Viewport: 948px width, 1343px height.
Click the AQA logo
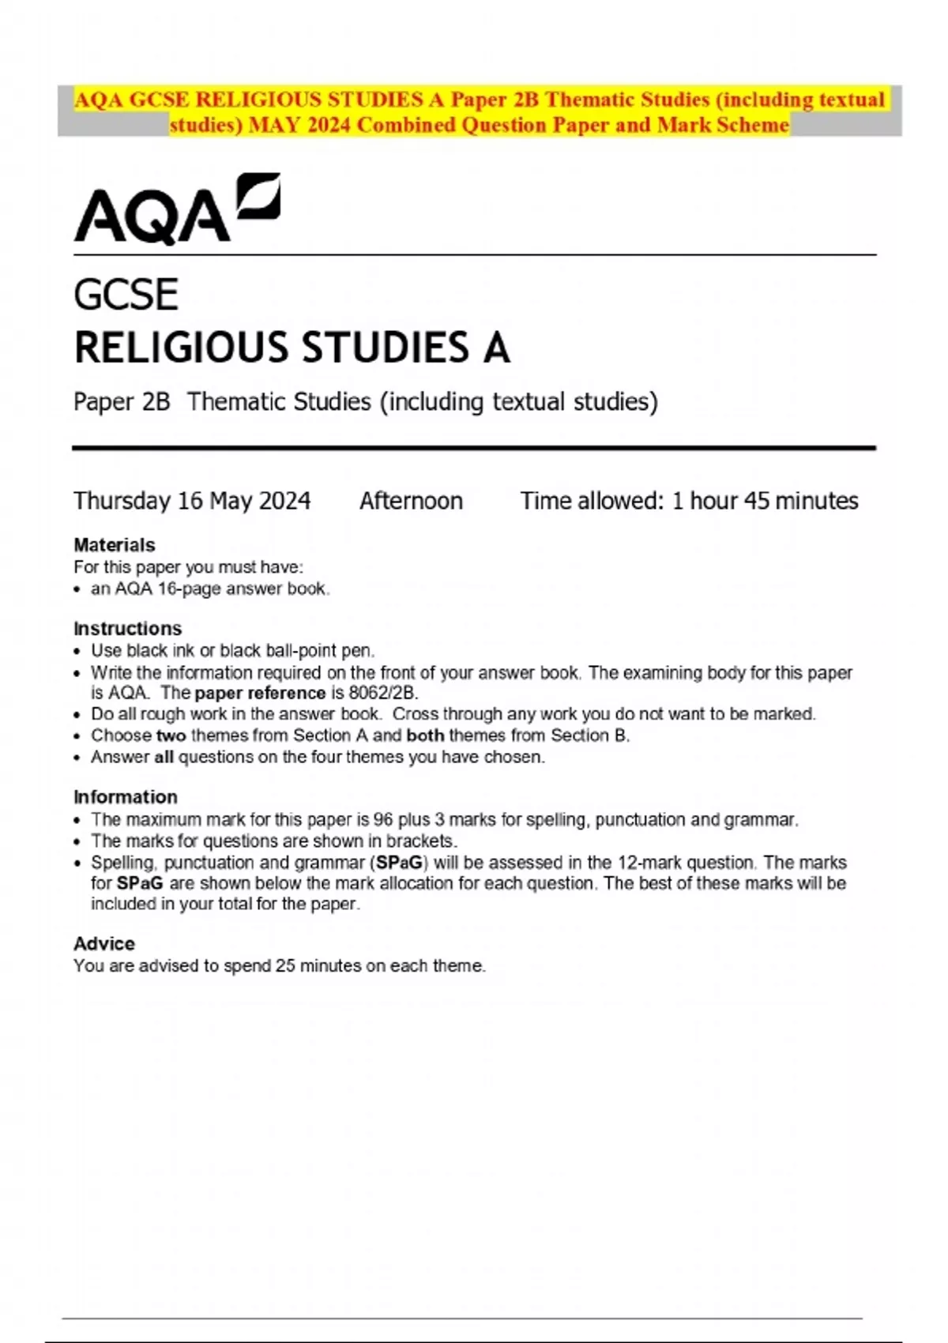[x=176, y=209]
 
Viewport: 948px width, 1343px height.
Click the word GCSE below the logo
[x=126, y=295]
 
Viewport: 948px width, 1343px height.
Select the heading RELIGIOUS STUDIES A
[x=292, y=348]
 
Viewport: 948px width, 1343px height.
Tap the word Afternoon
[x=411, y=501]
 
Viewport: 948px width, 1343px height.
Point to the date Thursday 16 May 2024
[x=192, y=501]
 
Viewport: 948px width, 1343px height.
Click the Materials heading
[x=114, y=545]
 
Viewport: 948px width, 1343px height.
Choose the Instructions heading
[x=127, y=629]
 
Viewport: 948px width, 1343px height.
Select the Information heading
[x=125, y=797]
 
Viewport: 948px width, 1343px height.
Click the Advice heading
[x=103, y=944]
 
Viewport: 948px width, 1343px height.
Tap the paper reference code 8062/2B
[x=382, y=693]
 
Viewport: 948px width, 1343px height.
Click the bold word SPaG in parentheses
[x=400, y=863]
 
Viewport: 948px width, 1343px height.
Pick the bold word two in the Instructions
[x=171, y=735]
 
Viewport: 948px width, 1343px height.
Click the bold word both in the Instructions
[x=425, y=735]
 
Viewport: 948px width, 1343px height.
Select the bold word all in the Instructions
[x=164, y=758]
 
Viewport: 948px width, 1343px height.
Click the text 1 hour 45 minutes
[x=765, y=501]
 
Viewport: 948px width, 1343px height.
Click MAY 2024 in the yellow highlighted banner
[x=299, y=125]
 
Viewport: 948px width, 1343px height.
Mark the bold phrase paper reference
[x=260, y=693]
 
